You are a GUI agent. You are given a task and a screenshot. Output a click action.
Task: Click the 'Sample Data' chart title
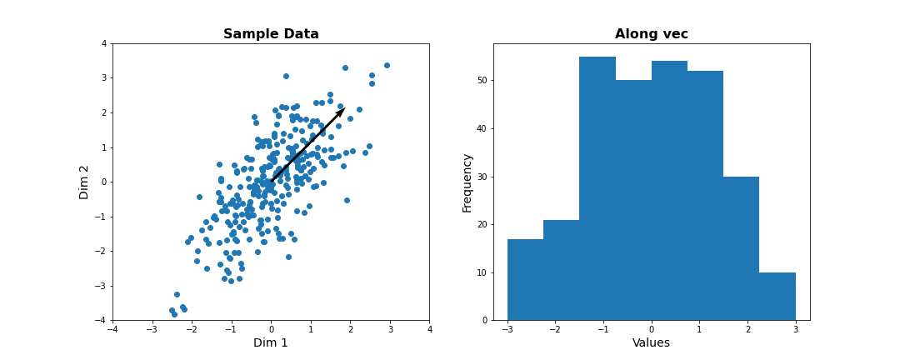point(271,34)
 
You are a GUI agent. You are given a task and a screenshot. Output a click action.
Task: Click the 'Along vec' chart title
point(651,34)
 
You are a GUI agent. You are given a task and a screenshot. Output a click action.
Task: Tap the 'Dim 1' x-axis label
point(271,342)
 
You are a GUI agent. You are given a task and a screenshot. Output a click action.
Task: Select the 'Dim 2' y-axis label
point(84,182)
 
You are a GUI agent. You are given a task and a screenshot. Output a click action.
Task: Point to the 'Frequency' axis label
point(467,182)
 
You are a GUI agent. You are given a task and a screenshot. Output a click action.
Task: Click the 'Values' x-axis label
point(651,342)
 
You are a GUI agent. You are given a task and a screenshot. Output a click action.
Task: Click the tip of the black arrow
point(344,108)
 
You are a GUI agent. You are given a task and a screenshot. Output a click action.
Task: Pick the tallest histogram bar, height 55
point(597,188)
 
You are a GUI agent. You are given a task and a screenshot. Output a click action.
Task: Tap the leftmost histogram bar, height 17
point(525,279)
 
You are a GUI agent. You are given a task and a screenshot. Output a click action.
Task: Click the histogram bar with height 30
point(742,248)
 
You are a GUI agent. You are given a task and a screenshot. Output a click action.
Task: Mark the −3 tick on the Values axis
point(507,329)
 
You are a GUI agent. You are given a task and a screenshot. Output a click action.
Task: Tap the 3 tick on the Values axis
point(796,329)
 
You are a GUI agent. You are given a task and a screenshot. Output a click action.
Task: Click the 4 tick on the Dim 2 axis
point(103,43)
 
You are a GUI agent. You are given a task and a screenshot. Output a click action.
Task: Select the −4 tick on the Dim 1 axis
point(112,330)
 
